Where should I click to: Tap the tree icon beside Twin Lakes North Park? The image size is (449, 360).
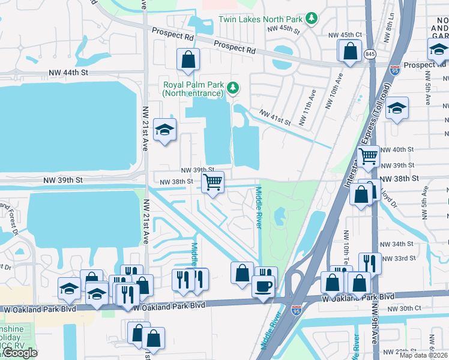[x=311, y=19]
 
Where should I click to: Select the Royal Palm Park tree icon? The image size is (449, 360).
[x=233, y=89]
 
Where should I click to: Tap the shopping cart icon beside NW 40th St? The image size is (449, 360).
[x=368, y=157]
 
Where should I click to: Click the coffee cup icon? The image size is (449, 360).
[x=262, y=286]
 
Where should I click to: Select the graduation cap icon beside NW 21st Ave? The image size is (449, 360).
[x=164, y=130]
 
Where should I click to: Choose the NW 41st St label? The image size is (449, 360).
[x=275, y=117]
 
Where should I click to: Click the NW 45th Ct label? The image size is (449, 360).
[x=345, y=35]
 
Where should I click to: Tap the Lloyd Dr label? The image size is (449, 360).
[x=390, y=199]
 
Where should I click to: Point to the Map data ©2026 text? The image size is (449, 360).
[x=424, y=355]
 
